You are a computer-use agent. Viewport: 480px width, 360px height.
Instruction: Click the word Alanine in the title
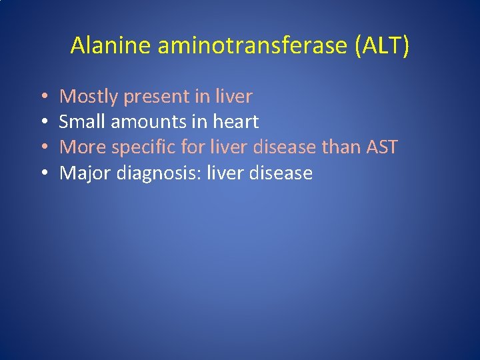click(x=111, y=45)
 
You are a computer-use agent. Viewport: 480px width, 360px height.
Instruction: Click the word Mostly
click(x=87, y=97)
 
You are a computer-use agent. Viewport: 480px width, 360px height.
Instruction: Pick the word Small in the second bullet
click(x=79, y=122)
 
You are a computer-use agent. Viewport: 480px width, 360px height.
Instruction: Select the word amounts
click(x=139, y=123)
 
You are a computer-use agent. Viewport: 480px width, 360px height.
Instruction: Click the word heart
click(x=235, y=122)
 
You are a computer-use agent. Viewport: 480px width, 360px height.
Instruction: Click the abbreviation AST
click(x=382, y=147)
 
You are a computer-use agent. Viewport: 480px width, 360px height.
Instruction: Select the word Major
click(x=85, y=173)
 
